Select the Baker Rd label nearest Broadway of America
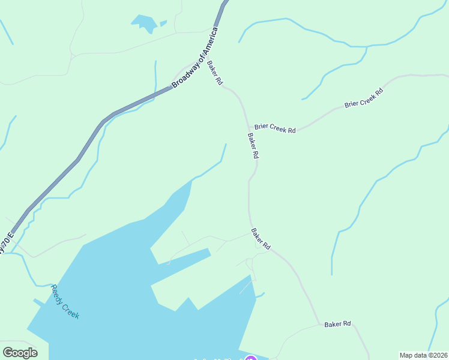click(215, 73)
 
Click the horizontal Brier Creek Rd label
click(275, 128)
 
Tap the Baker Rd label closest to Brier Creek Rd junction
click(253, 145)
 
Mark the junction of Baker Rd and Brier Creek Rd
click(248, 127)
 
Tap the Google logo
click(20, 353)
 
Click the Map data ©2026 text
click(423, 355)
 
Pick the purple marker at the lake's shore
click(252, 359)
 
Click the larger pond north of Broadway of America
click(144, 23)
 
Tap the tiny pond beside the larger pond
click(163, 23)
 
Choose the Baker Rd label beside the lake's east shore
click(261, 239)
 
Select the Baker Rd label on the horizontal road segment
click(337, 324)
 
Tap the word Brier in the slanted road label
click(352, 104)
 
